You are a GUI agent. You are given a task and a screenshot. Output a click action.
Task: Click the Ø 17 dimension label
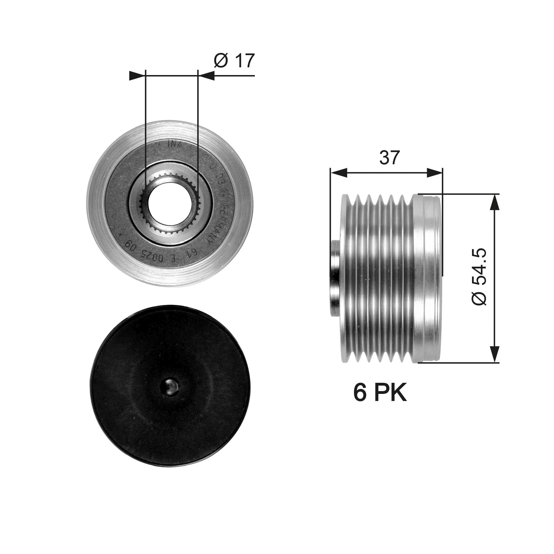coord(234,60)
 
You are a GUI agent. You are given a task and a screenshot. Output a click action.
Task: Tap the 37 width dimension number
coord(389,157)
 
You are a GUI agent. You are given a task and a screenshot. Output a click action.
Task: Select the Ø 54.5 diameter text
coord(479,277)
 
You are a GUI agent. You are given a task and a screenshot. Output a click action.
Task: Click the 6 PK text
coord(380,393)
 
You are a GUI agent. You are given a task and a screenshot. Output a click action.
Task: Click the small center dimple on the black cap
coord(170,386)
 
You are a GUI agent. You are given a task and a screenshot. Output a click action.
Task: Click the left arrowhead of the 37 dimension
coord(338,173)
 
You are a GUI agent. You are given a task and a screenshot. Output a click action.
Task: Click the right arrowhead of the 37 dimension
coord(435,173)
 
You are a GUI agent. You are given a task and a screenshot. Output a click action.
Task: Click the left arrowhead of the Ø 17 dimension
coord(137,76)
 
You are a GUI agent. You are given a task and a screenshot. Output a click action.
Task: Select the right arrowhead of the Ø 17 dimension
coord(206,76)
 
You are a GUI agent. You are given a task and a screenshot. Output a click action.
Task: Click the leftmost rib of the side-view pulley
coord(345,278)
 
